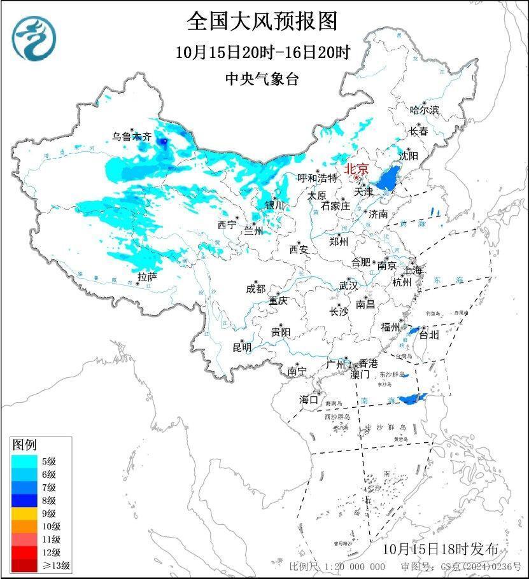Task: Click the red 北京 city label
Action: (356, 169)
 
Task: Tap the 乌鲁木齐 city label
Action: (132, 136)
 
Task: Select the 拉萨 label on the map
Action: (147, 277)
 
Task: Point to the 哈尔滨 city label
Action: (424, 110)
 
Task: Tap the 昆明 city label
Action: (242, 347)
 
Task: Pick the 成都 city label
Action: (255, 288)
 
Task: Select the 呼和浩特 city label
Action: (318, 178)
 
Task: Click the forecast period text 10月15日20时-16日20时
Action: (263, 52)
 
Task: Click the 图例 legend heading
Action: (24, 444)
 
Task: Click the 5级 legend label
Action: (50, 461)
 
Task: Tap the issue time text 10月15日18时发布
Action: (440, 548)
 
